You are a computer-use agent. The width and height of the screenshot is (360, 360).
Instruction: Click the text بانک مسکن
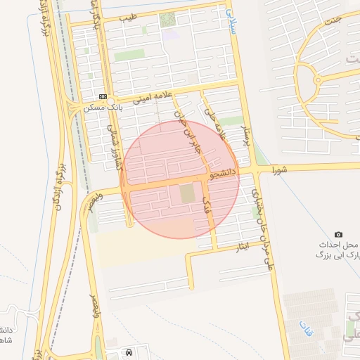[103, 108]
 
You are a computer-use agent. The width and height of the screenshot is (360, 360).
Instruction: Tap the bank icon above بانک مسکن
[103, 96]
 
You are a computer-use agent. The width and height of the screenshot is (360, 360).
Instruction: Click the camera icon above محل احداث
[338, 234]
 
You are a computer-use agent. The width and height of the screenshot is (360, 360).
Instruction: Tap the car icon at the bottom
[128, 352]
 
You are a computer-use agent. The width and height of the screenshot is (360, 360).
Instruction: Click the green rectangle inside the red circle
[186, 193]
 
